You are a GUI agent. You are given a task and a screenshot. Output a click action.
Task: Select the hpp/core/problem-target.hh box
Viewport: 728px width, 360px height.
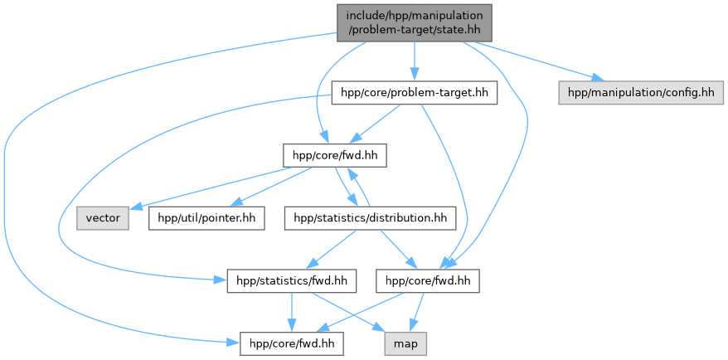pyautogui.click(x=414, y=92)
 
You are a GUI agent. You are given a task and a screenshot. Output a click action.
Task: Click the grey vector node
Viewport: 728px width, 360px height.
pyautogui.click(x=103, y=219)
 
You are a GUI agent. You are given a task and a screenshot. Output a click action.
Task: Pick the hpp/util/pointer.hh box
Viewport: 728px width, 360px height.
pyautogui.click(x=206, y=219)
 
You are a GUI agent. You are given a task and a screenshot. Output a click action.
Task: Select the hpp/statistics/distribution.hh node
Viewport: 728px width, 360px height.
pyautogui.click(x=370, y=219)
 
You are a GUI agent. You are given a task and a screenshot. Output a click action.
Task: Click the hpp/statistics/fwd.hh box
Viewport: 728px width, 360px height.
pyautogui.click(x=291, y=282)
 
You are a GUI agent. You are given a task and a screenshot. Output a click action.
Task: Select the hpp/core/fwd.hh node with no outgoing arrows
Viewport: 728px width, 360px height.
pyautogui.click(x=291, y=341)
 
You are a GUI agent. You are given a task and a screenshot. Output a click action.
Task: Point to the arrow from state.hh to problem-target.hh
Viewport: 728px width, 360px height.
pyautogui.click(x=414, y=62)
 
